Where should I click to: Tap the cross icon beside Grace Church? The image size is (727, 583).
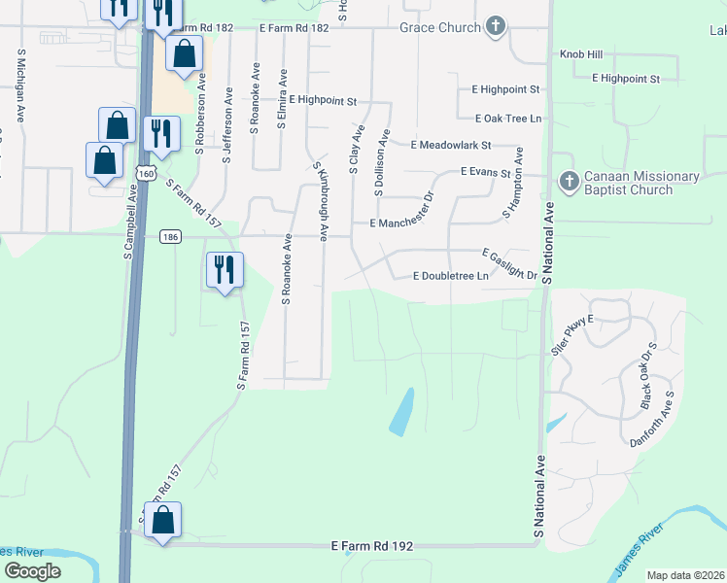[496, 26]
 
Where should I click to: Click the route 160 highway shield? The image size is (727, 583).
[145, 173]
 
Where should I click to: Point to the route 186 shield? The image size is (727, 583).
[171, 236]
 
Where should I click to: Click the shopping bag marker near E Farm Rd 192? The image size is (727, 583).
[163, 521]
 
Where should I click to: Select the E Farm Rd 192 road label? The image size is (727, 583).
[372, 547]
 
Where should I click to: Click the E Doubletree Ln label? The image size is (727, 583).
[449, 276]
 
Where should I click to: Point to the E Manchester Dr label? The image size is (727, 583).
[406, 223]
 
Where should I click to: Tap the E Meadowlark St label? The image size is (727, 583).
[451, 145]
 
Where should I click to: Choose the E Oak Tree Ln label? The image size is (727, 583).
[507, 119]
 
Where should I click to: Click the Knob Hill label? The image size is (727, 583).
[581, 55]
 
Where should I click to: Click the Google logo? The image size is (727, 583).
[32, 571]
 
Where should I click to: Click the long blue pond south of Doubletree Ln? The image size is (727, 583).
[401, 412]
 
